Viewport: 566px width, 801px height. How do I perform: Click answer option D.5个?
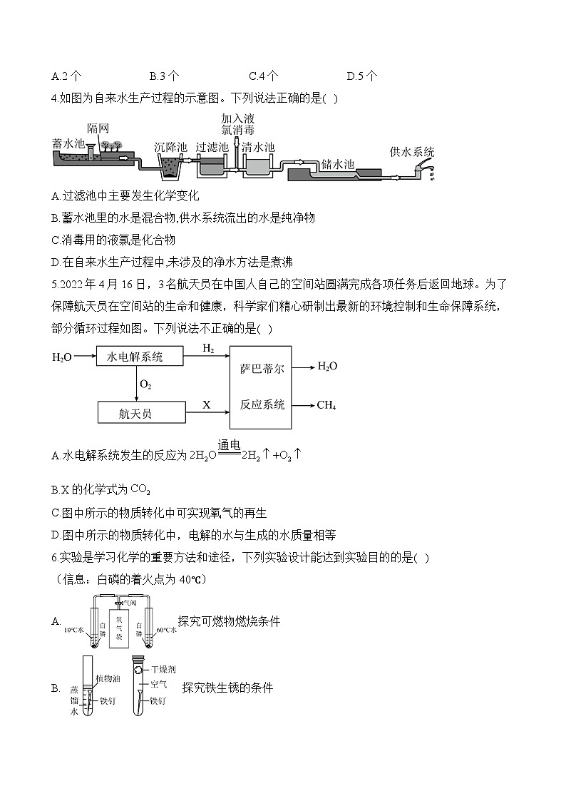[361, 76]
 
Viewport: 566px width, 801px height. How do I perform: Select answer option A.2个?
[67, 76]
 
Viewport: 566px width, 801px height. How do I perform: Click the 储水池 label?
[337, 164]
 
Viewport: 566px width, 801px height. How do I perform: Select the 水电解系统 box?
[139, 356]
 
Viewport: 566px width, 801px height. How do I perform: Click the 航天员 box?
[139, 413]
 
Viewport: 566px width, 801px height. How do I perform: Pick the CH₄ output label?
[326, 405]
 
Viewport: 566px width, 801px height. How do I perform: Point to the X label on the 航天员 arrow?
[207, 405]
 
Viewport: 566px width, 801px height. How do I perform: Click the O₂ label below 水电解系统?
[145, 384]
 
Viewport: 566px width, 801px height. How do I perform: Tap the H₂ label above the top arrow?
[208, 348]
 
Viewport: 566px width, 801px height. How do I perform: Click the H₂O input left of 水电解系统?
[62, 357]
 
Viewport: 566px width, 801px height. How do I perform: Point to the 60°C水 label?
[165, 631]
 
